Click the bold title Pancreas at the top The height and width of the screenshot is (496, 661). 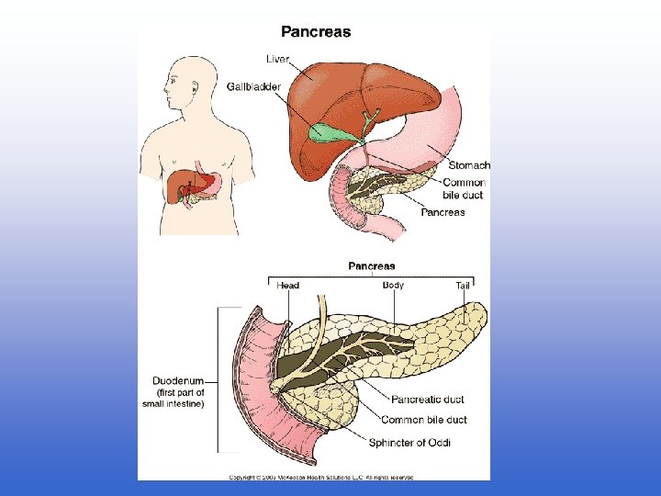[315, 32]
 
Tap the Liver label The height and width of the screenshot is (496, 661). [277, 59]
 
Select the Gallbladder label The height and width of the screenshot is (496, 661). [253, 86]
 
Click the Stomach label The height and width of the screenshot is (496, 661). [468, 165]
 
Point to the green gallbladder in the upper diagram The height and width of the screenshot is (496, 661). [327, 133]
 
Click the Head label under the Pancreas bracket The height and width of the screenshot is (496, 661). [287, 286]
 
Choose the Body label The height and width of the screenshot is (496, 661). [393, 285]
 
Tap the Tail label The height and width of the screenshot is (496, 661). [463, 286]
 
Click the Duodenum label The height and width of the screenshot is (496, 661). [177, 381]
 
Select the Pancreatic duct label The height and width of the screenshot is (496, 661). [427, 400]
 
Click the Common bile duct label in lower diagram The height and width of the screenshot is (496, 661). [423, 420]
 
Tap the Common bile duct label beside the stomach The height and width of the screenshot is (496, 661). [464, 189]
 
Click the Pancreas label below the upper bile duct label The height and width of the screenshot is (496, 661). [443, 212]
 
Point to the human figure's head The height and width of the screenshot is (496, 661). [182, 82]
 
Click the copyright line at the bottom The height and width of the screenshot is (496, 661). [321, 477]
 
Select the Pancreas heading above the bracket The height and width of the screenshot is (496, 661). [372, 266]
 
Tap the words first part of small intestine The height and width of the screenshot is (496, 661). [173, 398]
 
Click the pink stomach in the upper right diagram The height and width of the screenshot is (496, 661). [431, 129]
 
